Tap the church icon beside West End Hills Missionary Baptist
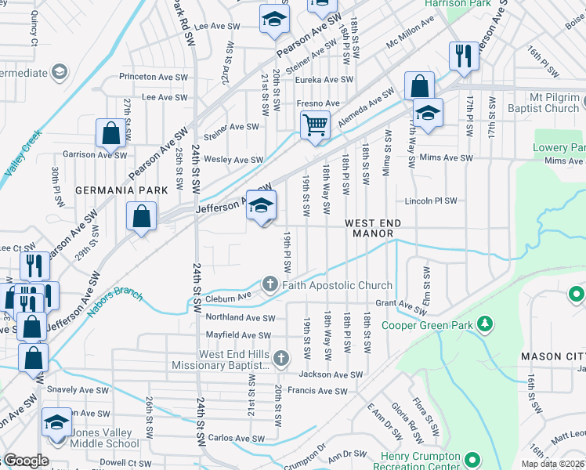tap(282, 359)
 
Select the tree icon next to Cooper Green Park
tap(485, 323)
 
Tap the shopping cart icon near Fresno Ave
tap(315, 125)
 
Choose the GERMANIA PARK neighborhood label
tap(121, 190)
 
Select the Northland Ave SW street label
tap(240, 318)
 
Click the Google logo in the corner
tap(25, 461)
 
